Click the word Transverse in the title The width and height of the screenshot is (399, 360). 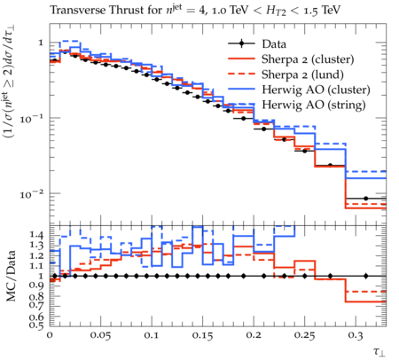point(78,10)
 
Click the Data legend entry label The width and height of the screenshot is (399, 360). point(274,44)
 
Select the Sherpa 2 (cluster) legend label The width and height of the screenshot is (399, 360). point(308,59)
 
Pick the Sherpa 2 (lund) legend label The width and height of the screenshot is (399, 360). point(302,74)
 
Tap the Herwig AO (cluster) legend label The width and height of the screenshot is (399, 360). point(316,90)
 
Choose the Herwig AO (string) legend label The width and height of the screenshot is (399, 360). point(314,105)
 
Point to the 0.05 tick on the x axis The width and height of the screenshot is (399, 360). point(101,335)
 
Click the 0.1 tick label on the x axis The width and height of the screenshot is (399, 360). point(153,335)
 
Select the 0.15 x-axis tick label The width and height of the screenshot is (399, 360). point(202,335)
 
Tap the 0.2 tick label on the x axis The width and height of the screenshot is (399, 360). point(254,335)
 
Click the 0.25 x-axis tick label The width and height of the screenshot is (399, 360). point(304,335)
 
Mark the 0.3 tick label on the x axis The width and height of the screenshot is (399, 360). point(356,335)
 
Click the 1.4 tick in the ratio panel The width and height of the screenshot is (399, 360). point(36,235)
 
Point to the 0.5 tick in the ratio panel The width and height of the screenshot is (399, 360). point(36,325)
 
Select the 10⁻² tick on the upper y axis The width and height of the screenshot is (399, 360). point(32,194)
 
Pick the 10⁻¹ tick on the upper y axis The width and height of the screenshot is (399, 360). point(32,119)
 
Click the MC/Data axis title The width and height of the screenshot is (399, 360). point(11,276)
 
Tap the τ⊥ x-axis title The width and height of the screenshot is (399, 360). point(379,351)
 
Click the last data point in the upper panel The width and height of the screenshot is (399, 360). point(366,199)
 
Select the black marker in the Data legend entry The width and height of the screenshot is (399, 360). point(241,43)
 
